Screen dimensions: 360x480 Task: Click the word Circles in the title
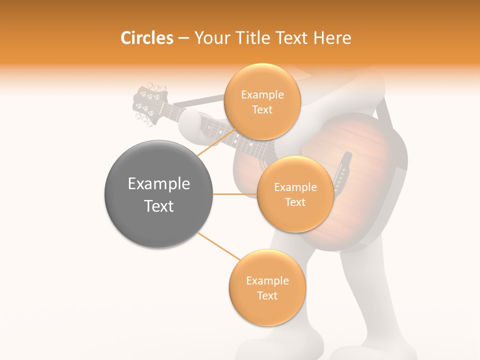tap(146, 38)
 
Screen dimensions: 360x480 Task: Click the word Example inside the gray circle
tap(159, 184)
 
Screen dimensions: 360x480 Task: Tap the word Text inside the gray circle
tap(159, 206)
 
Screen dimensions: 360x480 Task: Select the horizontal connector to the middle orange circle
tap(235, 194)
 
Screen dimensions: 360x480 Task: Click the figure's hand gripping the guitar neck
tap(192, 125)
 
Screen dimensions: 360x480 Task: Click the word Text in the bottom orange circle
tap(267, 296)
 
